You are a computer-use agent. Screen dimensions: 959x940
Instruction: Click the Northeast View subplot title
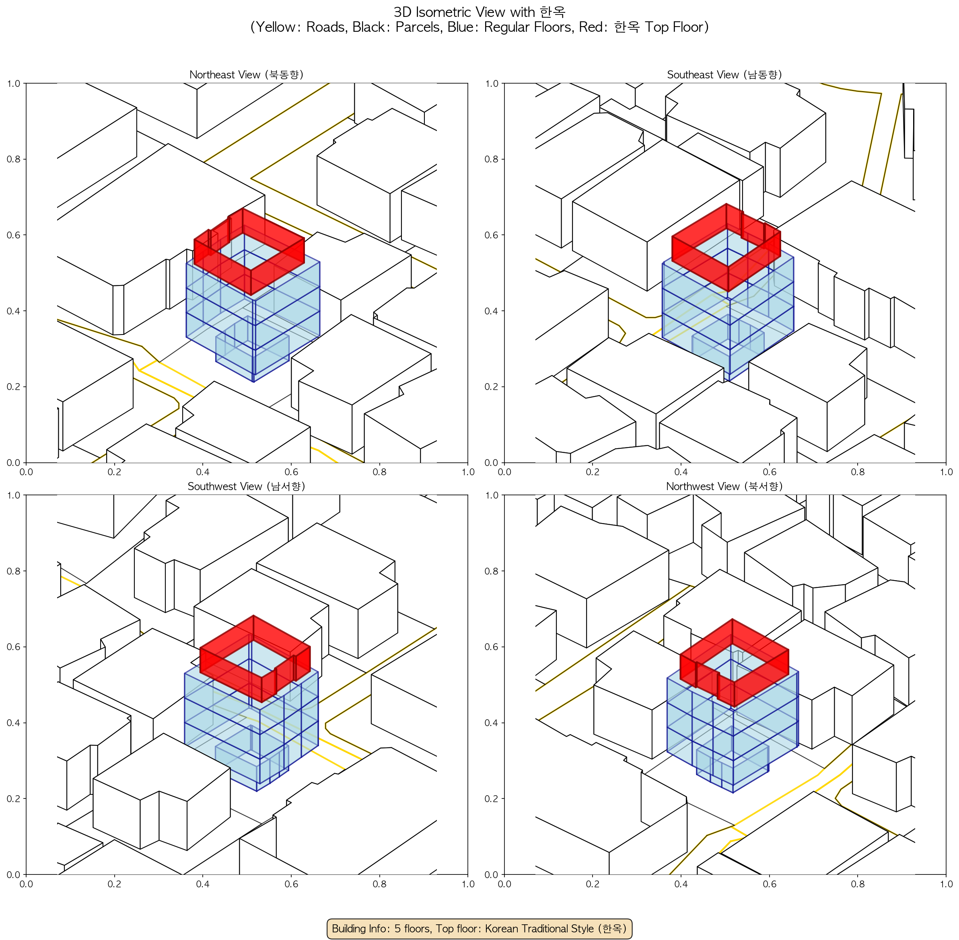tap(246, 74)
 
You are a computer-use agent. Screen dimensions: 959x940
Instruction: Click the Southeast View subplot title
tap(724, 74)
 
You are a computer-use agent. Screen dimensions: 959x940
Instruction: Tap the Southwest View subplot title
tap(246, 486)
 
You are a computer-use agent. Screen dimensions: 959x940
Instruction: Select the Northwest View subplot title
tap(724, 486)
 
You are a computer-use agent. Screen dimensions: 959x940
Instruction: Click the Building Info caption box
tap(479, 929)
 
